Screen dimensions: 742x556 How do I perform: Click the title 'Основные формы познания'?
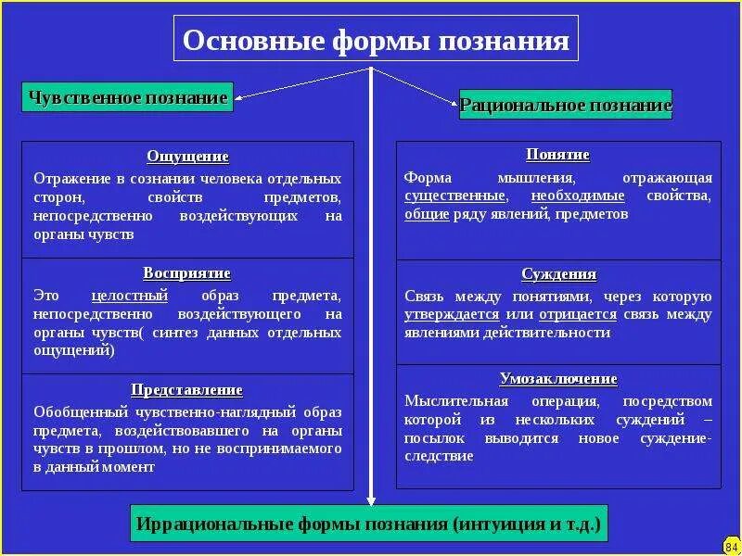coord(375,42)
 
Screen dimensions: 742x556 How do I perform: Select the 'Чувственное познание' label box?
coord(128,97)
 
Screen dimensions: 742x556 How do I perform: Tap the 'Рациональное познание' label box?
coord(566,106)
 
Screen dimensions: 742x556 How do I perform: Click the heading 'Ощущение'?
coord(187,157)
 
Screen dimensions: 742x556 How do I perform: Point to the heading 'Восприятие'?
coord(187,273)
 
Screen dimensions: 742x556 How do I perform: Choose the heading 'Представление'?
coord(187,390)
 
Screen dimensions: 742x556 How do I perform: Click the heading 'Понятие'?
coord(558,155)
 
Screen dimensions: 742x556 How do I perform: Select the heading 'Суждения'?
coord(558,274)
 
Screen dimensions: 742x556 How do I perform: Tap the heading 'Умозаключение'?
coord(558,379)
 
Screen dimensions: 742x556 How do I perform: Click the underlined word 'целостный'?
coord(130,297)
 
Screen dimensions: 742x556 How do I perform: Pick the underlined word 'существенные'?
coord(455,196)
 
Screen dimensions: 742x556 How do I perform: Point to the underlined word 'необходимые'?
coord(578,196)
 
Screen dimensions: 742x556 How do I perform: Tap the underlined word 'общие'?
coord(427,214)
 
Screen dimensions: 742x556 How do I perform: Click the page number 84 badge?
coord(730,545)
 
